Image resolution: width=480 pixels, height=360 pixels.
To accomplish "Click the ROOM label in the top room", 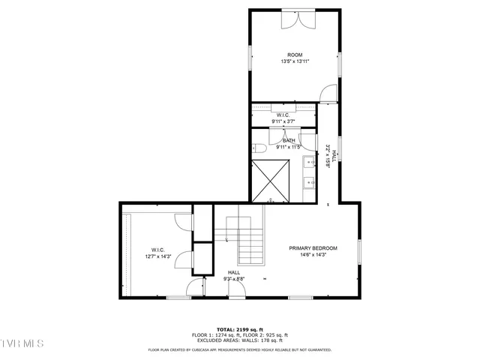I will pyautogui.click(x=295, y=54).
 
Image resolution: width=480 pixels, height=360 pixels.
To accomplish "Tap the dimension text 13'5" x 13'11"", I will pyautogui.click(x=295, y=61).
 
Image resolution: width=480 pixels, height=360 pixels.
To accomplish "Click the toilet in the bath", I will pyautogui.click(x=256, y=147).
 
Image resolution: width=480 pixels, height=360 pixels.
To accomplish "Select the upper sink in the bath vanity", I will pyautogui.click(x=309, y=162).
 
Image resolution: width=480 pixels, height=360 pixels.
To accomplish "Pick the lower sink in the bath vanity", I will pyautogui.click(x=309, y=181).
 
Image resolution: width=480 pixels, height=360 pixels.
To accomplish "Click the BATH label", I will pyautogui.click(x=289, y=140).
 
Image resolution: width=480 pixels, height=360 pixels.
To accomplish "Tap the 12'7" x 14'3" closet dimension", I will pyautogui.click(x=158, y=256).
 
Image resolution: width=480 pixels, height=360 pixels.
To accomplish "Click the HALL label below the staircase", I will pyautogui.click(x=234, y=272).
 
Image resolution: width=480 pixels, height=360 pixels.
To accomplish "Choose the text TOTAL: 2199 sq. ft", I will pyautogui.click(x=239, y=329).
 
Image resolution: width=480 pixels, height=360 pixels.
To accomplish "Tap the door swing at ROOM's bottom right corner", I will pyautogui.click(x=328, y=93).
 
